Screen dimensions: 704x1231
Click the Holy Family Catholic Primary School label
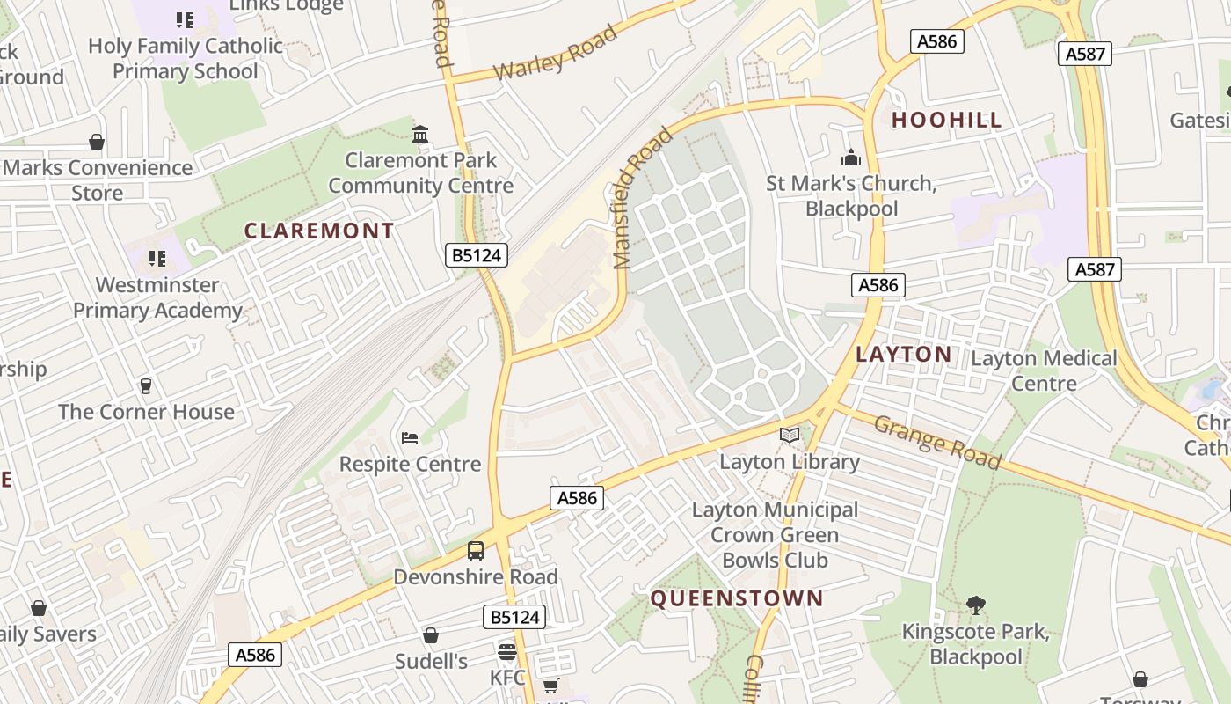[x=186, y=58]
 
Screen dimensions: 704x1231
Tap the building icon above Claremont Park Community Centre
[x=420, y=135]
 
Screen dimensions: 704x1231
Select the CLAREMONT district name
[x=318, y=231]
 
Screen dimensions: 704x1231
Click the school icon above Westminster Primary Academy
[x=157, y=259]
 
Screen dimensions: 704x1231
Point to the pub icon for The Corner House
[x=146, y=386]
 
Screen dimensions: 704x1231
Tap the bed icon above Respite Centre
[x=410, y=438]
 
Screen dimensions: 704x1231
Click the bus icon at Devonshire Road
[x=476, y=551]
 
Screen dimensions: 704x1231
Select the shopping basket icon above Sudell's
[x=431, y=635]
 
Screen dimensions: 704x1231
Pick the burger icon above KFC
[x=506, y=652]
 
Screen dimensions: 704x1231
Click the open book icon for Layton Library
[x=790, y=436]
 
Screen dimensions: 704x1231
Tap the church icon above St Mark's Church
[x=850, y=158]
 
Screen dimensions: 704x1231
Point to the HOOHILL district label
[x=947, y=121]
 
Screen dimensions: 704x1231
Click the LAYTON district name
[x=904, y=355]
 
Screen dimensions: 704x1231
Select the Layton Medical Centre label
[x=1044, y=370]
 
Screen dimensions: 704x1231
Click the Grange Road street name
[x=937, y=441]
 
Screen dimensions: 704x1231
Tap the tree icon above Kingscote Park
[x=975, y=605]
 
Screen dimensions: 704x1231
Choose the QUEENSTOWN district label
[x=737, y=599]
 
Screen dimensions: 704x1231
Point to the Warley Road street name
[x=555, y=53]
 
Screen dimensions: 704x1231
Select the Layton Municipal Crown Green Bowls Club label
[x=775, y=534]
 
